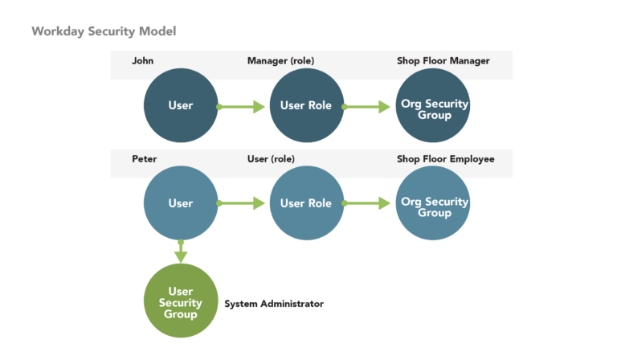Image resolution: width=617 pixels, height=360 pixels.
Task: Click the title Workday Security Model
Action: [104, 31]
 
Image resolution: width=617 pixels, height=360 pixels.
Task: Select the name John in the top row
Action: [142, 61]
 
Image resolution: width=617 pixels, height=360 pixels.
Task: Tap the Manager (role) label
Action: [280, 61]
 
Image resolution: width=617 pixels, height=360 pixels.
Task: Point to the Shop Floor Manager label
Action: [443, 61]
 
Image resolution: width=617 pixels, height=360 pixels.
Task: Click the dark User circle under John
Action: [180, 106]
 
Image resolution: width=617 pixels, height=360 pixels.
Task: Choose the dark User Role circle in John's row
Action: [306, 106]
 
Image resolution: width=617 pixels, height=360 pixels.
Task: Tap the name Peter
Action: [144, 159]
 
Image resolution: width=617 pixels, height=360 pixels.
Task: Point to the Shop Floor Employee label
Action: [445, 159]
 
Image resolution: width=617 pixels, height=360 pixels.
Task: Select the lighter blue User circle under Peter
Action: [180, 203]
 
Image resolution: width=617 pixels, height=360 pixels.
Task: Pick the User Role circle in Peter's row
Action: [306, 203]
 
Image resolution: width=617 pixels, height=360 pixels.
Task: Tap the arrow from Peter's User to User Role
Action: [242, 204]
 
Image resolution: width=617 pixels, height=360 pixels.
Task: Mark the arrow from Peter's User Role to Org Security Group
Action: [367, 204]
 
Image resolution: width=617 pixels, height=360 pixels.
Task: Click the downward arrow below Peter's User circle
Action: [181, 252]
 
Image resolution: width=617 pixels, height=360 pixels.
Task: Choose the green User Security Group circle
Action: [180, 301]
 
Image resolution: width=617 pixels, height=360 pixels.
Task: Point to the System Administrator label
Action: [274, 305]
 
